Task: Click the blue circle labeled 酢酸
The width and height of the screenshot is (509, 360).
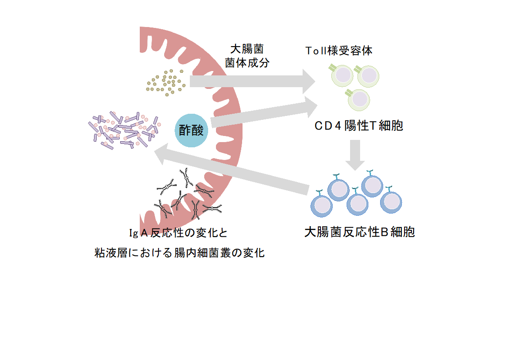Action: click(x=191, y=130)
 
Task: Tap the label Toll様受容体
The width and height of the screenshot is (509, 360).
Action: click(x=339, y=51)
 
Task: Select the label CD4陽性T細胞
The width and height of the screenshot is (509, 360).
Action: click(x=359, y=126)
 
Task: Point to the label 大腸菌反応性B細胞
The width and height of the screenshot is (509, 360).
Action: click(x=360, y=232)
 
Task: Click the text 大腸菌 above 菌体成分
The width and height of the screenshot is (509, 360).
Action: click(x=247, y=49)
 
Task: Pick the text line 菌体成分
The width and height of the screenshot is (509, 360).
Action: click(x=247, y=63)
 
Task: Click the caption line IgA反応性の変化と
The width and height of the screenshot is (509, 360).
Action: click(x=178, y=233)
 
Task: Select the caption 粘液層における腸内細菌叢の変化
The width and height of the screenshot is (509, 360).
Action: click(x=179, y=253)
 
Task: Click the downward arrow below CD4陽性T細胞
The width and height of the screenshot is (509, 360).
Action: click(x=355, y=155)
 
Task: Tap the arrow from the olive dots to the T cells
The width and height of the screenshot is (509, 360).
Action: click(x=252, y=82)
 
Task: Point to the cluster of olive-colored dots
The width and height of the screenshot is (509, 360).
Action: click(x=166, y=83)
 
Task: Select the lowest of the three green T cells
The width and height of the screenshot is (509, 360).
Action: click(x=358, y=99)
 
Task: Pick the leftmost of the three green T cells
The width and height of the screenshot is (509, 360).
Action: click(x=341, y=75)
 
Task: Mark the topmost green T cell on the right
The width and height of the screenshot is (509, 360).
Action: click(x=368, y=76)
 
